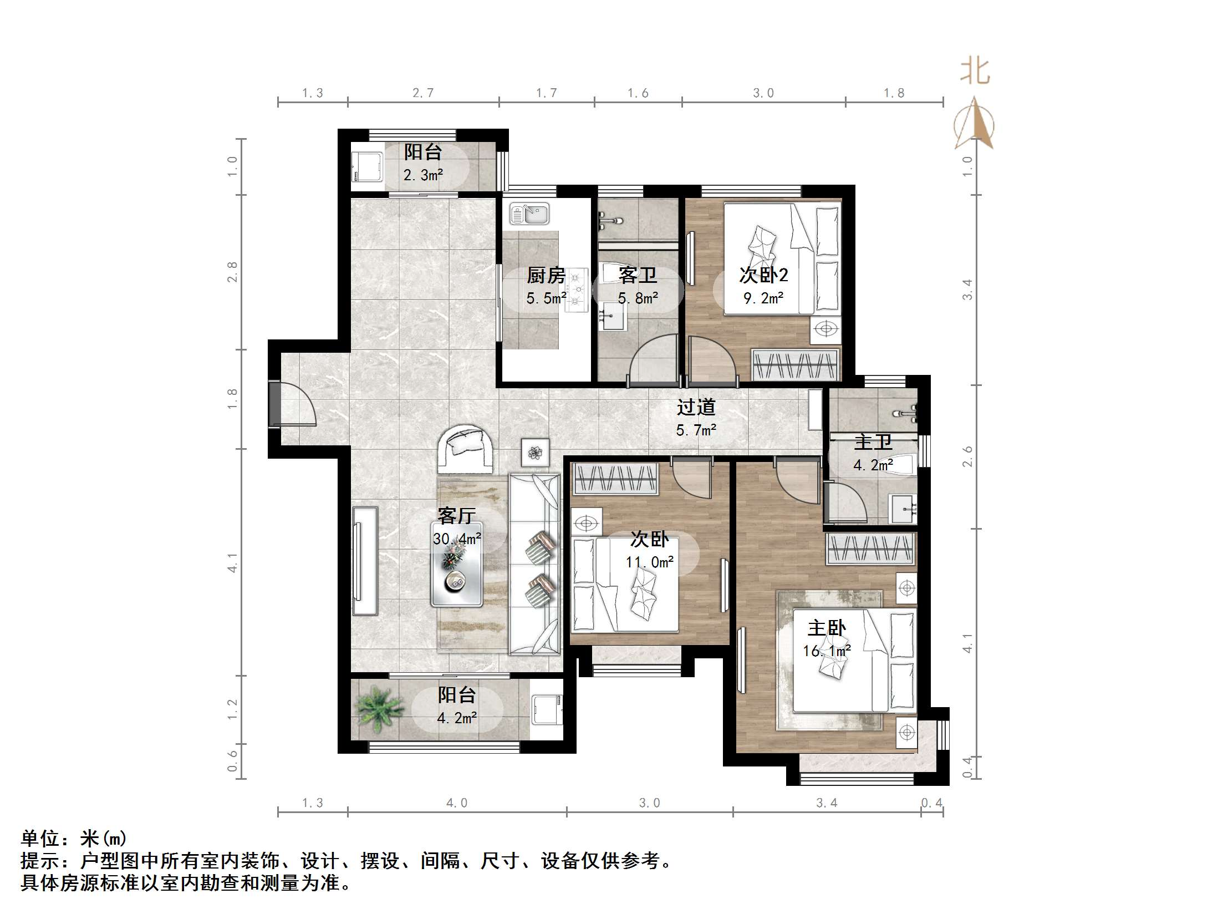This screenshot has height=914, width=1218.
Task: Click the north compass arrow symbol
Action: click(974, 125)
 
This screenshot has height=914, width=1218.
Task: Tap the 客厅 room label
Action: click(456, 516)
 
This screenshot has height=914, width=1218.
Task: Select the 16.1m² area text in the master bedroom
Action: click(827, 651)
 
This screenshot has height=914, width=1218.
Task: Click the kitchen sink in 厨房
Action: click(529, 214)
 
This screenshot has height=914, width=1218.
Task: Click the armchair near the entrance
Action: click(465, 449)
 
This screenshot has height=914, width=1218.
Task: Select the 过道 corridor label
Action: click(696, 407)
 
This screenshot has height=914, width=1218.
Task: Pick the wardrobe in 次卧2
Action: click(794, 365)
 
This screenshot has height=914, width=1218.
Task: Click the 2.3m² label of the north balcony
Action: click(423, 175)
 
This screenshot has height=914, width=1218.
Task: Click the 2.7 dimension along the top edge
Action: click(423, 93)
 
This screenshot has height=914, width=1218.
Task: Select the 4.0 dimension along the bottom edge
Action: click(457, 803)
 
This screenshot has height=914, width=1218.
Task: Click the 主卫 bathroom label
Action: click(873, 442)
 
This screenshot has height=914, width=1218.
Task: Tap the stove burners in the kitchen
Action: click(577, 289)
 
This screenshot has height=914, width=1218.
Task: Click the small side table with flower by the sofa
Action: click(535, 452)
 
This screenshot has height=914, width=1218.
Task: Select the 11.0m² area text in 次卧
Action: click(649, 562)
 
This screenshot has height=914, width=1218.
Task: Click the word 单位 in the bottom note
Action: click(40, 838)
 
